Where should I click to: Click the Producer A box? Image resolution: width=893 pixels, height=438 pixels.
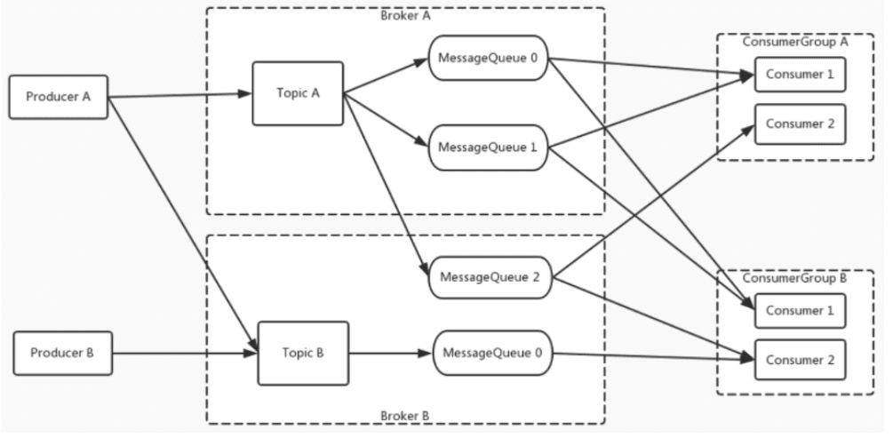click(58, 97)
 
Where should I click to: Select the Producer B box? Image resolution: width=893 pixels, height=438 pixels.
click(63, 353)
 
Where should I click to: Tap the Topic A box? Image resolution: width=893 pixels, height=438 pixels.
click(298, 93)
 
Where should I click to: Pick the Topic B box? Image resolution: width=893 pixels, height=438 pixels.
click(303, 353)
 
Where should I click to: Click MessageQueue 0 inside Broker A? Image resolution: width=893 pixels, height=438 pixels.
click(488, 58)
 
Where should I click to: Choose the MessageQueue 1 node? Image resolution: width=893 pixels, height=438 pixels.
click(488, 147)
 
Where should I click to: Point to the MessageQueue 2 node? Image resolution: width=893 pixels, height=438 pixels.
click(490, 277)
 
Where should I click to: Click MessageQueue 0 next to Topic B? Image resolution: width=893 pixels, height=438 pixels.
click(492, 353)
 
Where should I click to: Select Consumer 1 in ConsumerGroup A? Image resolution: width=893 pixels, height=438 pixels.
click(801, 74)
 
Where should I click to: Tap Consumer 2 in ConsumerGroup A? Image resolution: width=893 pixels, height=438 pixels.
click(801, 123)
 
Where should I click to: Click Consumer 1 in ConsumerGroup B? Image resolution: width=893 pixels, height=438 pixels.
click(801, 310)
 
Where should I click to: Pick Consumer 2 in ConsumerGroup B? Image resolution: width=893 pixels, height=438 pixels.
click(801, 360)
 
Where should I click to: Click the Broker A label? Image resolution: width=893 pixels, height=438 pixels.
click(405, 16)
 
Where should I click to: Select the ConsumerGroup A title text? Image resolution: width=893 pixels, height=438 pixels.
click(795, 42)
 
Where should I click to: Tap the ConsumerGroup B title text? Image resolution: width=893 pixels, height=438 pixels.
click(795, 278)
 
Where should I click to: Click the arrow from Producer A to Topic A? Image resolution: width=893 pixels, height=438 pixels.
click(180, 96)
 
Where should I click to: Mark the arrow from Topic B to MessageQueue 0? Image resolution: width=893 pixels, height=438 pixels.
click(391, 353)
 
